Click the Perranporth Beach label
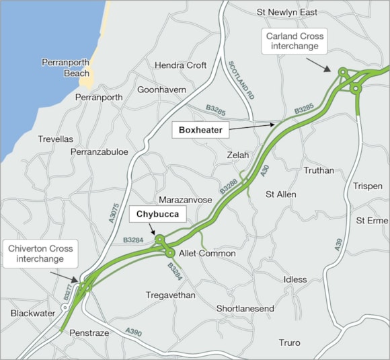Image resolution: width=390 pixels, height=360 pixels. [x=65, y=67]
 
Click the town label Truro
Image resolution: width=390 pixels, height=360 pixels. [x=289, y=343]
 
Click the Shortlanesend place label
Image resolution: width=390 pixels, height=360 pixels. [x=245, y=308]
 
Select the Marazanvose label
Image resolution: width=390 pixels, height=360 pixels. [x=186, y=200]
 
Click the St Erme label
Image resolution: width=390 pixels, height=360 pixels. [x=371, y=220]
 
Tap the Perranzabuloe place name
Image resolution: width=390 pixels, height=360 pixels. [x=100, y=152]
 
